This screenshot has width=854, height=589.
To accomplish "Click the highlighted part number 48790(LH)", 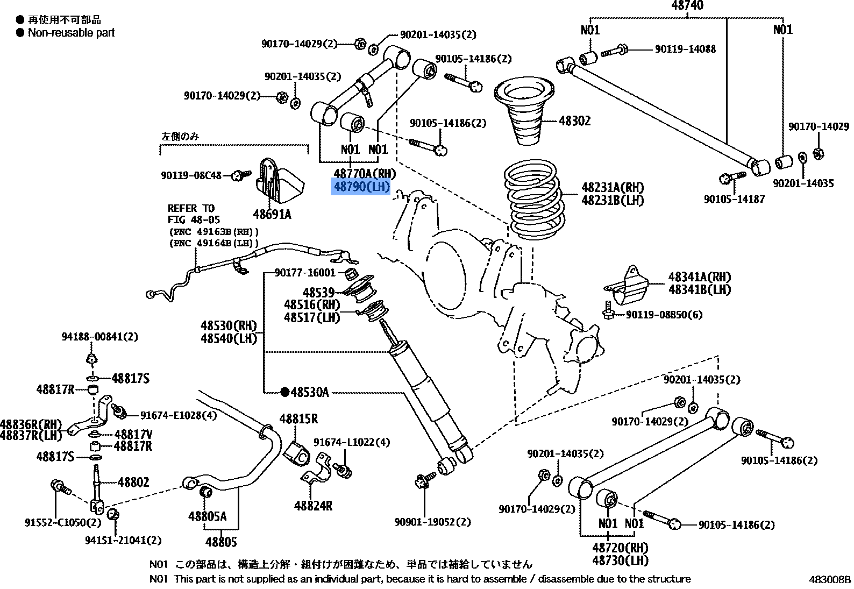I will coord(361,187).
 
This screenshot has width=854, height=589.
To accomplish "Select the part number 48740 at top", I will coord(687,6).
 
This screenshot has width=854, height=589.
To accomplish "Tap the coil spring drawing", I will coord(532,200).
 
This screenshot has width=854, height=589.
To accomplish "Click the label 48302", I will coord(574,121).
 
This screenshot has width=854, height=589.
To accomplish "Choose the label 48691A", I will coord(272,215).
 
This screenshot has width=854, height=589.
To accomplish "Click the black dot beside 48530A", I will coord(285,392).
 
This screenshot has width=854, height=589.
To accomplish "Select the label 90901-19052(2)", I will coord(432,522).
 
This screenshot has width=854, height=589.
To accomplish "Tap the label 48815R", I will coord(298,419).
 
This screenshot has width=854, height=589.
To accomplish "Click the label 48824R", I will coord(313,506).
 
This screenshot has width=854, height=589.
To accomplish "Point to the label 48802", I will coord(133,482).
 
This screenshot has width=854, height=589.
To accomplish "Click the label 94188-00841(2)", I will coord(99,337).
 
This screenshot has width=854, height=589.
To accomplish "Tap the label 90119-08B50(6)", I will coord(664,315).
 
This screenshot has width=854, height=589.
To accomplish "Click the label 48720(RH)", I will coord(620,548).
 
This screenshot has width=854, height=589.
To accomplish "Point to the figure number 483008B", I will coord(830,579).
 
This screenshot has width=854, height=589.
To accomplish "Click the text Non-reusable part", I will coord(72,33).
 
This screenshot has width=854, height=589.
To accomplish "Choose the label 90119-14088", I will coord(685,49).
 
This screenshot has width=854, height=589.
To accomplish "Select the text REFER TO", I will coord(191,208).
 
